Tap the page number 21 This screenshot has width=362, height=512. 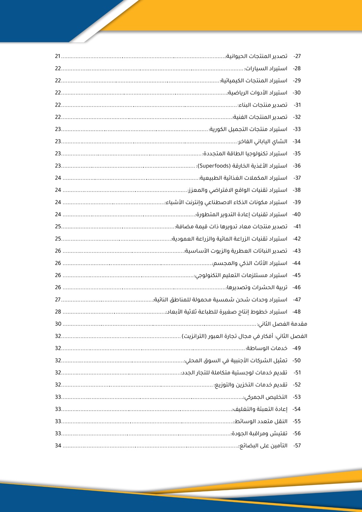(58, 56)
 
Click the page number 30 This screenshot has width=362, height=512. (58, 324)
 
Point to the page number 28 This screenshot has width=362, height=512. (58, 312)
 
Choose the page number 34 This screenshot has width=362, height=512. (58, 446)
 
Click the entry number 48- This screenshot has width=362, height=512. (298, 312)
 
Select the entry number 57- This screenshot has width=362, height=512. (298, 446)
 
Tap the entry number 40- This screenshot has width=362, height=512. (297, 214)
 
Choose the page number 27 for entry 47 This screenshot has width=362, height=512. (58, 300)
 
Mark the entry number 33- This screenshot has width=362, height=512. (298, 130)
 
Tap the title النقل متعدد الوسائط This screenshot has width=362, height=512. (261, 421)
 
